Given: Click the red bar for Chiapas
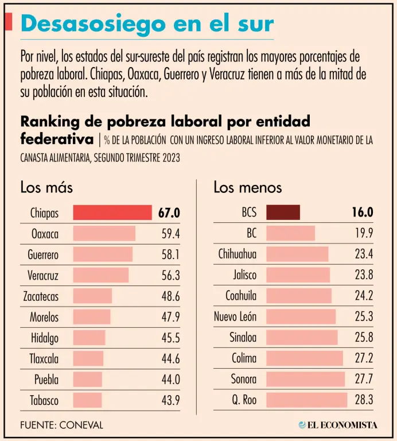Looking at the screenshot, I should [x=112, y=213].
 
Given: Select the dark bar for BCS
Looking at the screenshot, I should [x=283, y=212].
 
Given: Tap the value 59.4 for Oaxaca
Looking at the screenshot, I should [x=170, y=234].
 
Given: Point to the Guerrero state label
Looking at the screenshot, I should [x=43, y=254].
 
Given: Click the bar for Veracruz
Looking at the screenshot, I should [x=100, y=276].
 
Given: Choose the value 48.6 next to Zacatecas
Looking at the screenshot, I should [x=170, y=296].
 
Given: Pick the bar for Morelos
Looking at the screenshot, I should [x=91, y=317].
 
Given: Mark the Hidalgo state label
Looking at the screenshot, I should [x=45, y=338].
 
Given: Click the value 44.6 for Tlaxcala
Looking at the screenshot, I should [x=170, y=359].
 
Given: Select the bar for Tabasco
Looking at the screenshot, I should [x=87, y=400].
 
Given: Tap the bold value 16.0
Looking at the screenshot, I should [x=363, y=213].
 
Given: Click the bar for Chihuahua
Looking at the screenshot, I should [x=297, y=254].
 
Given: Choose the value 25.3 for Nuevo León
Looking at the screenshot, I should [x=364, y=317].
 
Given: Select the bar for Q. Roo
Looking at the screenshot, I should [x=306, y=400].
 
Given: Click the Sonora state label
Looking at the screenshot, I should [x=244, y=380].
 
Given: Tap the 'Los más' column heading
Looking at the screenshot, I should [x=46, y=187].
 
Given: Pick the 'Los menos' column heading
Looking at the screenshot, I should [x=248, y=187].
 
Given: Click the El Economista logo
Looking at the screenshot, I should [x=338, y=425].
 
